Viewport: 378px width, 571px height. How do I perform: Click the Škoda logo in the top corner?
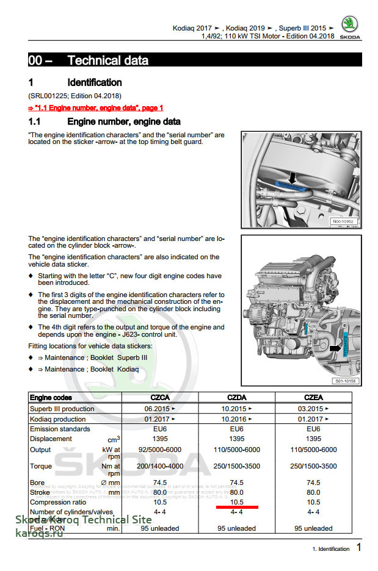click(x=350, y=27)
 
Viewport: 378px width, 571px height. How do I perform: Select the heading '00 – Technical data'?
click(x=88, y=60)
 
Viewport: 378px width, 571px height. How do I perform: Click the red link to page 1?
click(x=95, y=107)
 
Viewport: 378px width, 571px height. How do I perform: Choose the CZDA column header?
click(x=237, y=398)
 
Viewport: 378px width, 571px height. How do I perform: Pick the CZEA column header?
click(x=313, y=398)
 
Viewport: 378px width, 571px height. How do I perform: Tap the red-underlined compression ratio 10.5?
click(x=237, y=501)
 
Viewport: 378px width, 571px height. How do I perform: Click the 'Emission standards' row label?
click(x=60, y=429)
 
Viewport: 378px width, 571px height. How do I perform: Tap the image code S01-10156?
click(x=346, y=381)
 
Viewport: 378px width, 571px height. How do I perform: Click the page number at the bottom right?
click(x=359, y=548)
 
